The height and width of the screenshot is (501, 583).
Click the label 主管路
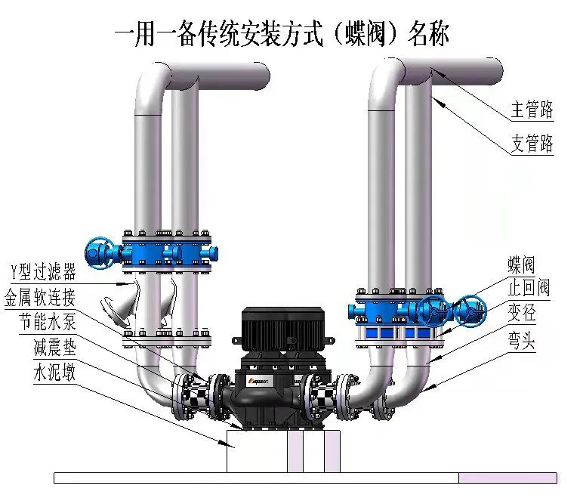pyautogui.click(x=532, y=111)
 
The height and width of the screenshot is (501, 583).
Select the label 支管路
pyautogui.click(x=532, y=144)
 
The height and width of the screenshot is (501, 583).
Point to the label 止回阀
pyautogui.click(x=528, y=288)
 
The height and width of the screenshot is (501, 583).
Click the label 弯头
pyautogui.click(x=521, y=342)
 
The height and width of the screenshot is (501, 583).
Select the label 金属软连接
pyautogui.click(x=39, y=295)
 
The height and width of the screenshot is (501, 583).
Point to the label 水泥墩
pyautogui.click(x=54, y=373)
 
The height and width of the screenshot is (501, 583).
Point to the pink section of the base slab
pyautogui.click(x=507, y=478)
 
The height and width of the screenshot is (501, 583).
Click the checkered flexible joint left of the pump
pyautogui.click(x=198, y=392)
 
